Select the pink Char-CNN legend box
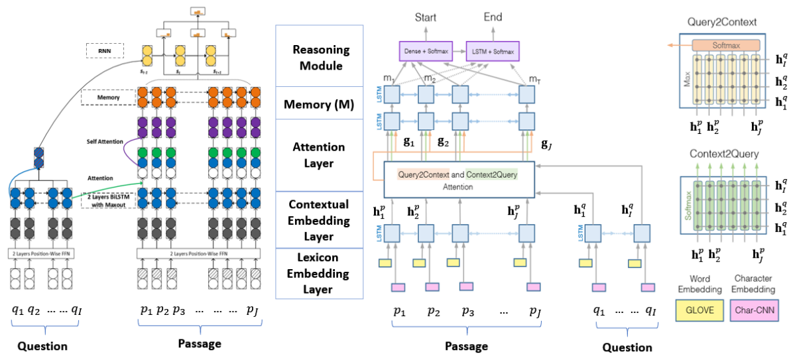pyautogui.click(x=753, y=310)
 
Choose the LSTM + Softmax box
pyautogui.click(x=493, y=50)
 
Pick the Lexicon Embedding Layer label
pyautogui.click(x=318, y=272)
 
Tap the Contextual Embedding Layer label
pyautogui.click(x=318, y=219)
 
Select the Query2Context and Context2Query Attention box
pyautogui.click(x=458, y=179)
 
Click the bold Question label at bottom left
pyautogui.click(x=42, y=346)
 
